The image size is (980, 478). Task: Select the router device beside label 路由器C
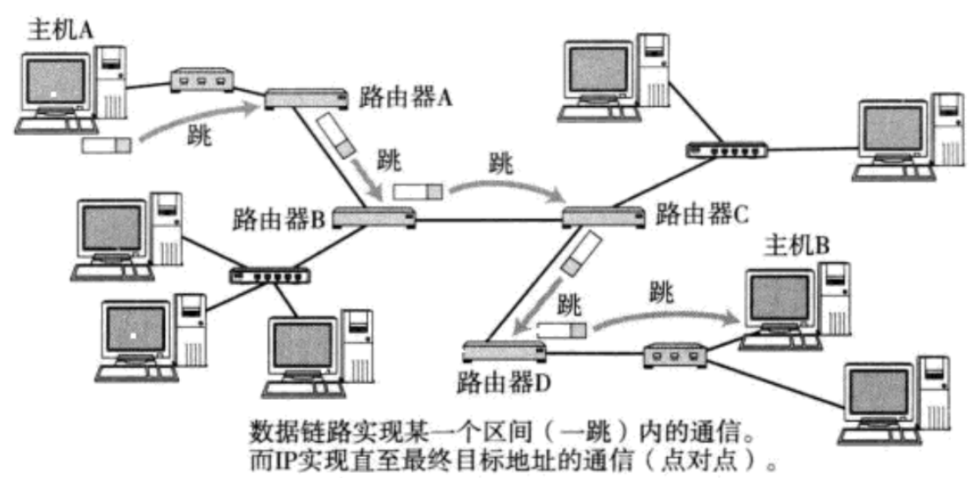(602, 215)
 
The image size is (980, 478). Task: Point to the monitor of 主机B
(779, 296)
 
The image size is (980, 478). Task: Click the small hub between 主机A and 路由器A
(200, 80)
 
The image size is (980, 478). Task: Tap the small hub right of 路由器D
(676, 355)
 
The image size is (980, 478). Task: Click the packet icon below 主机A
(105, 145)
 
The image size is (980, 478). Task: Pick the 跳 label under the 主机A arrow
(202, 135)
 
